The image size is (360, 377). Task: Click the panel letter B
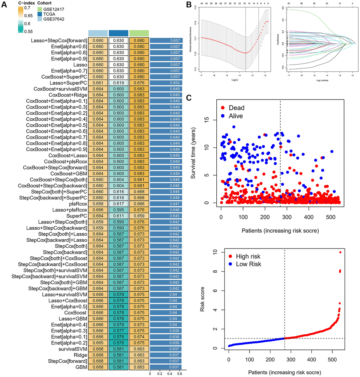190,5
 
